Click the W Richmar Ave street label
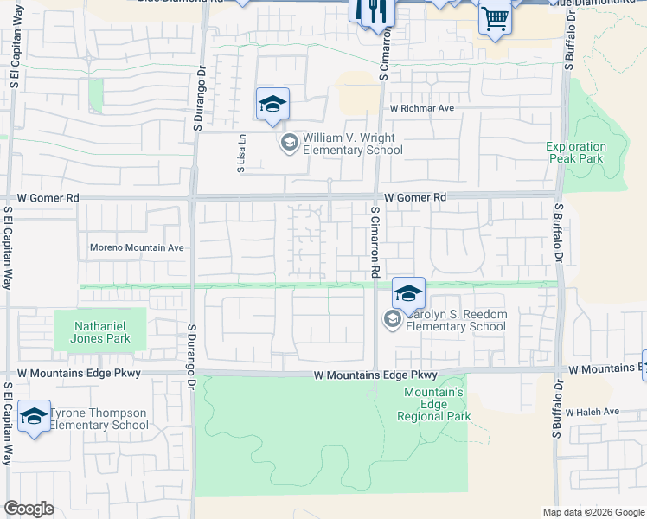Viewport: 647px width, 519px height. coord(421,109)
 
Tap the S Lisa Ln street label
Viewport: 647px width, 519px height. coord(242,153)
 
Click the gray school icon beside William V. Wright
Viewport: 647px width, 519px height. coord(289,142)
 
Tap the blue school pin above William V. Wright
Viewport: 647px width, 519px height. coord(272,106)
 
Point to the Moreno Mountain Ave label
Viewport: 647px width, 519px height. coord(138,247)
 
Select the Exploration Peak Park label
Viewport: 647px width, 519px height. coord(575,152)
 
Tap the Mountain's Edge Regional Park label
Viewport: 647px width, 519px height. coord(434,404)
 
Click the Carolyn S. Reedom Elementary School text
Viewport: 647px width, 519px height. coord(455,320)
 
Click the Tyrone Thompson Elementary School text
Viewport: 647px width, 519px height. coord(99,419)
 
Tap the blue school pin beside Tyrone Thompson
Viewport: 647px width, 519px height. coord(34,418)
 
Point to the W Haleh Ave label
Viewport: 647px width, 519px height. coord(597,411)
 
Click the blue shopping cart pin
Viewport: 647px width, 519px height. coord(494,17)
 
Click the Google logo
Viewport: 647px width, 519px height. coord(29,509)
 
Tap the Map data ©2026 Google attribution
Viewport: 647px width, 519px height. coord(593,512)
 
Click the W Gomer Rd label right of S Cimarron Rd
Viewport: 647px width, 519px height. coord(416,197)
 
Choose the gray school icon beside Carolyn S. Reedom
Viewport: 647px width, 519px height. coord(392,321)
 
